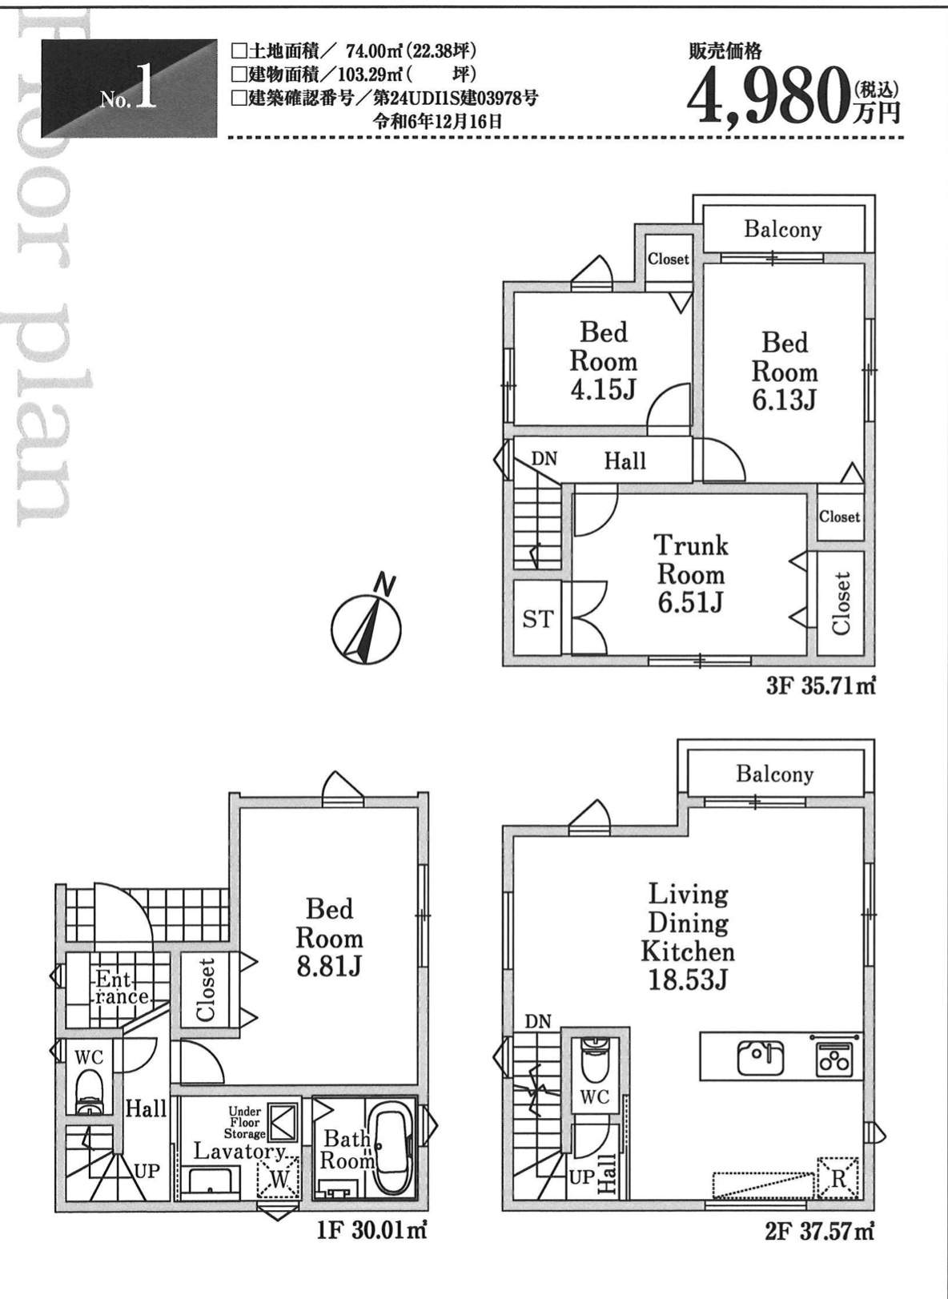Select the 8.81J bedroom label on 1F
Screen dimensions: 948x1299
pos(329,939)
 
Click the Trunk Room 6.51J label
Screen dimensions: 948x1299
pos(690,574)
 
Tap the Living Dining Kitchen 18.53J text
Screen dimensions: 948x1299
pos(688,941)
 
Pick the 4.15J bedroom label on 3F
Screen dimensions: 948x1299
pos(603,361)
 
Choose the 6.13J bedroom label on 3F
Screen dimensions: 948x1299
pos(785,372)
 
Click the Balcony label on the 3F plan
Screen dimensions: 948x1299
pos(783,229)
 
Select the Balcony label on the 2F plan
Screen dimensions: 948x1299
pos(774,774)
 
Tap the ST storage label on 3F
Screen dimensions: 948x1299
pos(537,619)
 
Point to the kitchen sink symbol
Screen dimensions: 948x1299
pos(760,1058)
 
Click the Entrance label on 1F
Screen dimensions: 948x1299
pos(122,989)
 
